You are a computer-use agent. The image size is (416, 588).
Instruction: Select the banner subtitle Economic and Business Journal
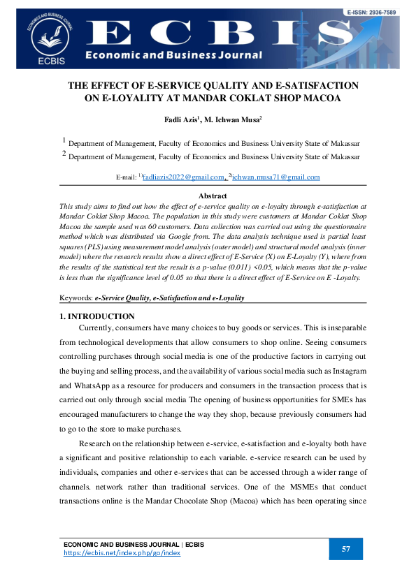(174, 55)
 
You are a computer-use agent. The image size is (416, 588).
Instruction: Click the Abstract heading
(213, 196)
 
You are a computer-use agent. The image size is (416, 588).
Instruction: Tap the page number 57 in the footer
(345, 549)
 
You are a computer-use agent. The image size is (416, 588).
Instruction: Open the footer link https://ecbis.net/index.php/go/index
(122, 552)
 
